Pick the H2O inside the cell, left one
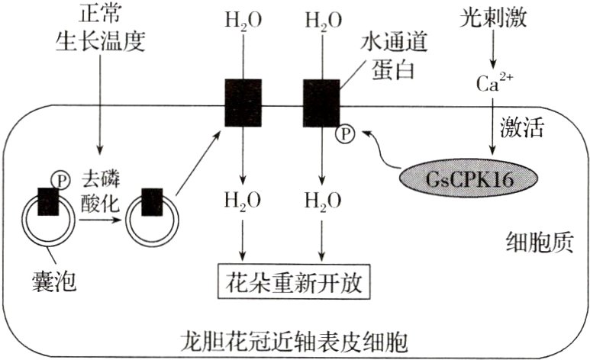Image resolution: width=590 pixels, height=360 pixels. click(242, 201)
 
